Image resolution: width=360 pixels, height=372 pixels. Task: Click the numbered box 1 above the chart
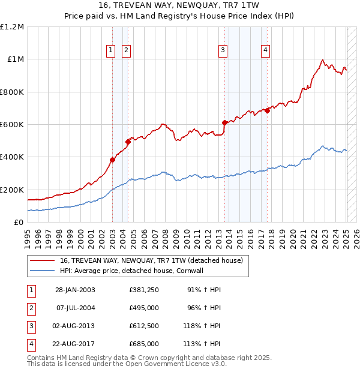(112, 51)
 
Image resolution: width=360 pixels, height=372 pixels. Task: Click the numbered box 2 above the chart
(126, 51)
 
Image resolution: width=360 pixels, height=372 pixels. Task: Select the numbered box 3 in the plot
(223, 51)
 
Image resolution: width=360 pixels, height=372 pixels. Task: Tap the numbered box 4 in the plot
(265, 51)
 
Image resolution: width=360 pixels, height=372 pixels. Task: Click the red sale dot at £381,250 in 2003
(112, 160)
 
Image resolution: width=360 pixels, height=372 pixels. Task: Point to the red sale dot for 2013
(224, 122)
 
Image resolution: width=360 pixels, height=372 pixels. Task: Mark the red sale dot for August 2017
(267, 110)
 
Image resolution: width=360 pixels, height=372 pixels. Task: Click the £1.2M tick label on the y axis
(12, 27)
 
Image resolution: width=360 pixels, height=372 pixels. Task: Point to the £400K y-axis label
(12, 157)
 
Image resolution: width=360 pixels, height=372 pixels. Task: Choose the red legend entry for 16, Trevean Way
(151, 260)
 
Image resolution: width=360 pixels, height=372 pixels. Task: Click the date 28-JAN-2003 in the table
(75, 290)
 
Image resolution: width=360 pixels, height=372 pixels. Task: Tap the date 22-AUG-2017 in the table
(75, 344)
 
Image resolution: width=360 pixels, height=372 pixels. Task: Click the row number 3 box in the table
(31, 327)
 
